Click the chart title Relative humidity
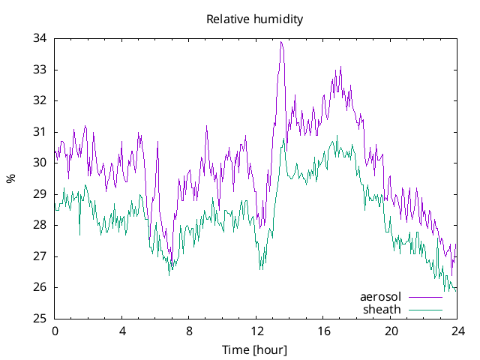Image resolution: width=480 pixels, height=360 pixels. pos(255,19)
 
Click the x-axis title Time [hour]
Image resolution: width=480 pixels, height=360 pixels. pos(255,349)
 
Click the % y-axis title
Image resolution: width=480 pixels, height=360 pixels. pos(10,178)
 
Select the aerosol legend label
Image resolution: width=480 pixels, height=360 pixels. pos(381,298)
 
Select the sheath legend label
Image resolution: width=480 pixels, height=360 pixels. pos(382,309)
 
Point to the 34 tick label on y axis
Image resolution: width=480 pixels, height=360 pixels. pos(40,38)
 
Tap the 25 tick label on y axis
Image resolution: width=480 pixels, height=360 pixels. pos(40,319)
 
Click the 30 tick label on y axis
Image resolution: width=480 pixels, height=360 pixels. pos(40,163)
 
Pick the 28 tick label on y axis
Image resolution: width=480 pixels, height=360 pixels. pos(40,225)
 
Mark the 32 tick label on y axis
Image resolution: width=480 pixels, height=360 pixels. pos(40,100)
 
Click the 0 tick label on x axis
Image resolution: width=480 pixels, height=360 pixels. pos(55,331)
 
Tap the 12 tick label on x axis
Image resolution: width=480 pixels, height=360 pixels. pos(256,331)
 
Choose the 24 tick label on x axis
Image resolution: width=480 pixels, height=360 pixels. pos(457,331)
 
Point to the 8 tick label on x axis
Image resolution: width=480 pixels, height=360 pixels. pos(189,331)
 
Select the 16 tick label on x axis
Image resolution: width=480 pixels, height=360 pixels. pos(323,331)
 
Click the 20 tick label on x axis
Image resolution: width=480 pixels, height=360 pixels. pos(391,331)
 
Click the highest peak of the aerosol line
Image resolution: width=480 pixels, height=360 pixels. pos(280,42)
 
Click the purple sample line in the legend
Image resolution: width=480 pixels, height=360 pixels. pos(424,298)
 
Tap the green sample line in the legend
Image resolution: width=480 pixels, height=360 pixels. pos(424,309)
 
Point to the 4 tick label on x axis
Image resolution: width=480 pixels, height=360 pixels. pos(122,331)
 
